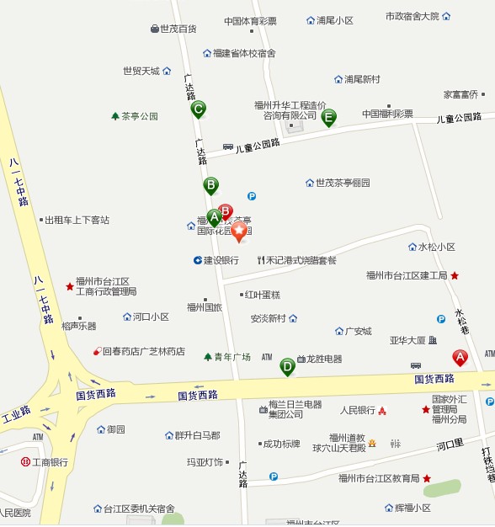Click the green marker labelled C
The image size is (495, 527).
[x=199, y=109]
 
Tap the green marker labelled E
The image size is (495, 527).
[x=329, y=117]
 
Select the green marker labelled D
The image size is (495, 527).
[x=288, y=366]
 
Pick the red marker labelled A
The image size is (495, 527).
[x=460, y=357]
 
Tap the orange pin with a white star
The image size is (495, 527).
[x=239, y=230]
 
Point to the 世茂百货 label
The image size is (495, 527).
[x=178, y=29]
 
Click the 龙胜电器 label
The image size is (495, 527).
[x=324, y=359]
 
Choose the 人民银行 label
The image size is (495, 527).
[x=358, y=411]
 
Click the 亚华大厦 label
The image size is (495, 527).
[x=407, y=341]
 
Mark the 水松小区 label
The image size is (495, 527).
[x=437, y=247]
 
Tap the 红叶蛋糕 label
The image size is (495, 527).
[x=262, y=295]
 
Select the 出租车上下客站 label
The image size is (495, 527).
[x=77, y=220]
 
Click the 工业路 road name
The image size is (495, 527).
[x=17, y=415]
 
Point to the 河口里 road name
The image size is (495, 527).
[x=450, y=445]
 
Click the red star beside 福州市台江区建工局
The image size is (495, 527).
[x=455, y=275]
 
